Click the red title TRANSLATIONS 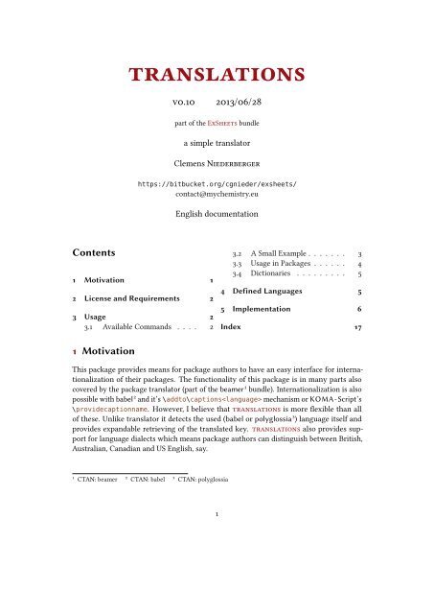(217, 75)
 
